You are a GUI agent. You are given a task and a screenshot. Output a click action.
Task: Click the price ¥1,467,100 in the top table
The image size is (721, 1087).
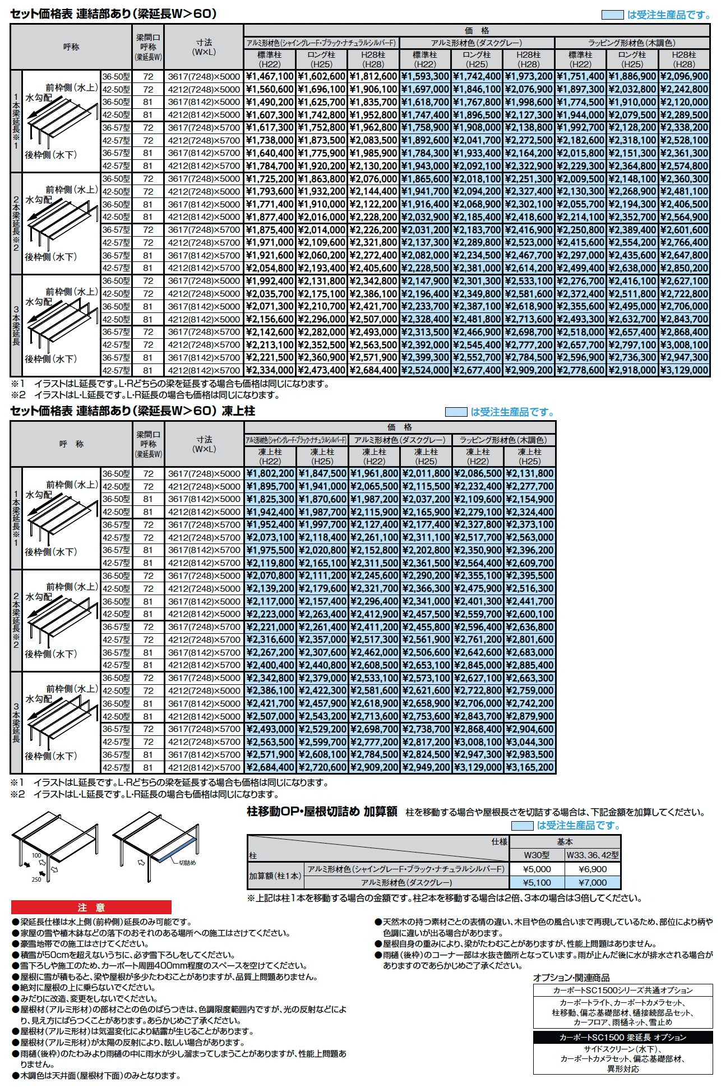pos(270,76)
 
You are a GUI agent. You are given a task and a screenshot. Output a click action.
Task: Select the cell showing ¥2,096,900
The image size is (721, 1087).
pos(684,76)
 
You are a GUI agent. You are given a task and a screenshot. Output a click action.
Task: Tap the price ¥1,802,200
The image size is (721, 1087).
pos(270,473)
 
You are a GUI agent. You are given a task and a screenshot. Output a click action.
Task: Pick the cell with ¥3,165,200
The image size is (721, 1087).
pos(530,767)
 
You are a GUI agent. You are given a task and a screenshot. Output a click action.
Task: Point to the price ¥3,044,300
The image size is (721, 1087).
pos(530,741)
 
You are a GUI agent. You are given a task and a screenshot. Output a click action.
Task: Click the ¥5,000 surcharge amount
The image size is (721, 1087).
pos(537,869)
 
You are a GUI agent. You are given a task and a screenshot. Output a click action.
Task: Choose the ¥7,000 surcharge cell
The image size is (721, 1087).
pos(593,882)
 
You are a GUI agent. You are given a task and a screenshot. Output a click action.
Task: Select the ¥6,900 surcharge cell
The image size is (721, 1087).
pos(593,869)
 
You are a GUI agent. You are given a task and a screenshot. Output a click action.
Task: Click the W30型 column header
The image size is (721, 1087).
pos(537,855)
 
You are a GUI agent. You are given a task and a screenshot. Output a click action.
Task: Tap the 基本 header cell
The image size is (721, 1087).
pos(565,841)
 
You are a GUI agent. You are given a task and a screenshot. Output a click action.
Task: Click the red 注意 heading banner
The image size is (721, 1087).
pos(91,908)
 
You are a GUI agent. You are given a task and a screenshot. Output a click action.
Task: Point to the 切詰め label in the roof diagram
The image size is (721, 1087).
pos(187,863)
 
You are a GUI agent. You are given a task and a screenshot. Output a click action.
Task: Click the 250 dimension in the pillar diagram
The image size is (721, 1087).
pos(36,879)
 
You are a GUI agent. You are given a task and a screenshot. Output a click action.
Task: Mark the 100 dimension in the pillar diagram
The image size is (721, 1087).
pos(36,855)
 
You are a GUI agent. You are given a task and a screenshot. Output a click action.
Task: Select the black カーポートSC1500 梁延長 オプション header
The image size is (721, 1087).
pos(622,1038)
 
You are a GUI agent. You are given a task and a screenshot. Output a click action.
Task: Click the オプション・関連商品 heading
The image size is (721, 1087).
pos(571,978)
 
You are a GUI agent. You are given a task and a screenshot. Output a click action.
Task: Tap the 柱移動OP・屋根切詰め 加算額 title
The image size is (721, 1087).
pos(322,812)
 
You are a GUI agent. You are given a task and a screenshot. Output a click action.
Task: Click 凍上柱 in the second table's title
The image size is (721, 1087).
pos(238,411)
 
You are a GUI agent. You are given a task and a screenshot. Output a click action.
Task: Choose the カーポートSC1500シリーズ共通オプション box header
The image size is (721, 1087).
pos(622,991)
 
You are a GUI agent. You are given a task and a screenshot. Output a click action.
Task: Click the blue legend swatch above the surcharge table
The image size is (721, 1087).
pos(522,826)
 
